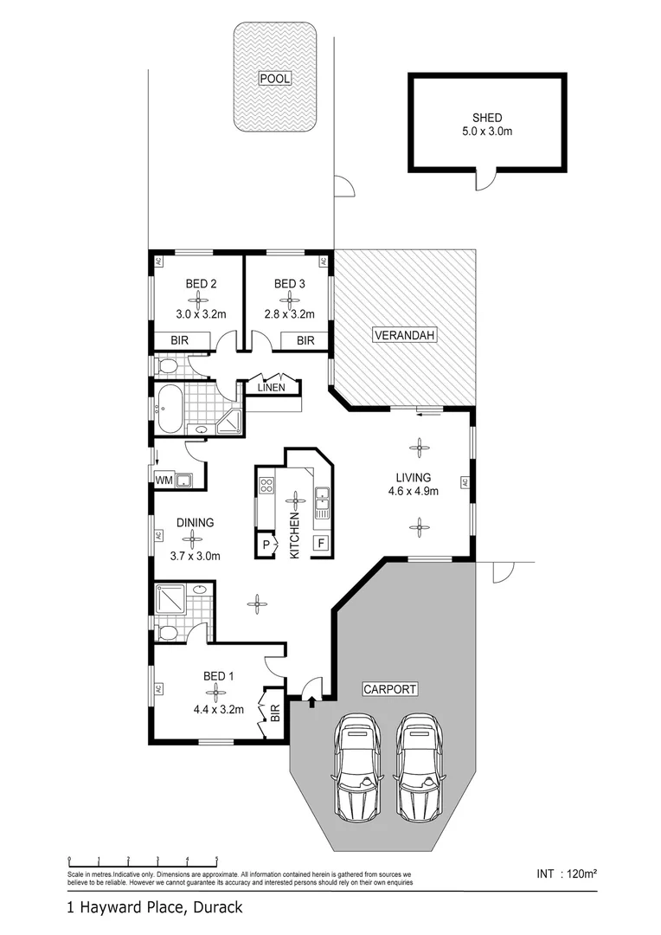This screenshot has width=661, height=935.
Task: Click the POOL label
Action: (275, 79)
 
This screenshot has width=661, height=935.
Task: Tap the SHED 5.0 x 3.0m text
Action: (487, 126)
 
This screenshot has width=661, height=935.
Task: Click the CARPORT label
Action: (390, 689)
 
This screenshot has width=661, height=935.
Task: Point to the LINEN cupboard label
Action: (271, 388)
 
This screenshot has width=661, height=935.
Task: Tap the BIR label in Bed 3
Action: (305, 341)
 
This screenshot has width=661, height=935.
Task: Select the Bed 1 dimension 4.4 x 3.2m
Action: (218, 709)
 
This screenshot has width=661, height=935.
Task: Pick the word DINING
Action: (195, 523)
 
